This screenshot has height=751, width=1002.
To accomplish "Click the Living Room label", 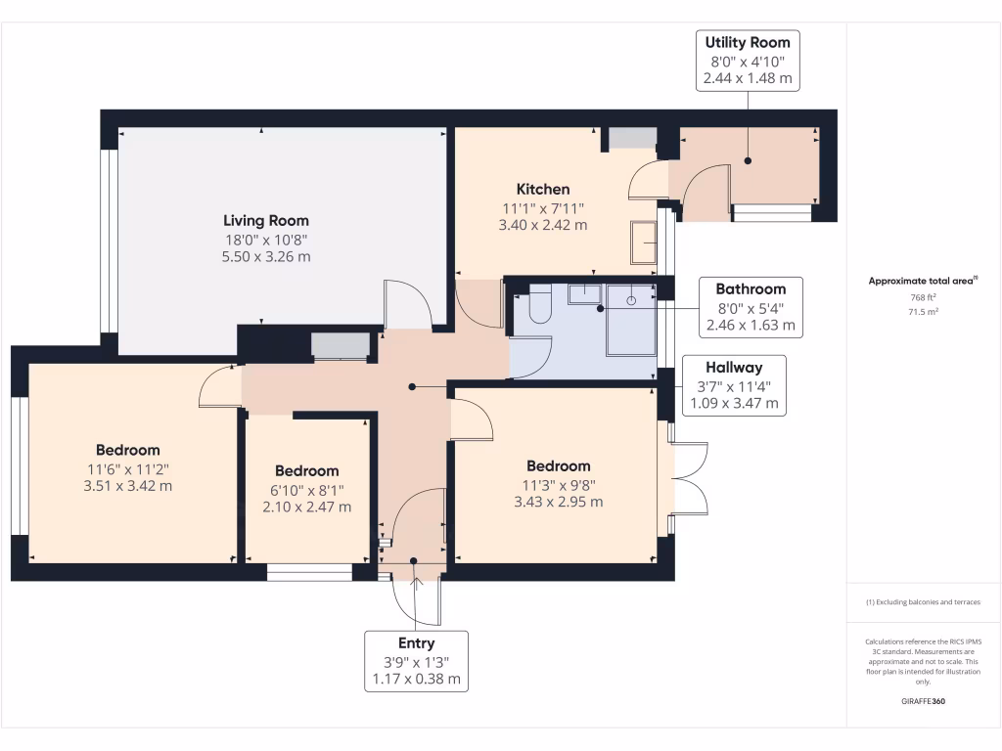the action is (266, 221).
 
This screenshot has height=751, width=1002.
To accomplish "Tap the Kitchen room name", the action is (543, 189).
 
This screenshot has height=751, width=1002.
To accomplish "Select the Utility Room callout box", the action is (748, 61).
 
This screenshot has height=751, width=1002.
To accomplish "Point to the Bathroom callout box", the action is (751, 307).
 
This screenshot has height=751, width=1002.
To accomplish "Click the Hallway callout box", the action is (734, 385).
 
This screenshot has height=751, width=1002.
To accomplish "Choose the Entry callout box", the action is (416, 661).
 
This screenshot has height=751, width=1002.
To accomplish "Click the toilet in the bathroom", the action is (540, 303).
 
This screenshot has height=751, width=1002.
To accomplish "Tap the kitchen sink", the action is (644, 243).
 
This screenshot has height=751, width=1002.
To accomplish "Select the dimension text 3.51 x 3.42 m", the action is (128, 486).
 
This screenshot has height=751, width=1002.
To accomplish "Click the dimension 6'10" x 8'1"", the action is (306, 491).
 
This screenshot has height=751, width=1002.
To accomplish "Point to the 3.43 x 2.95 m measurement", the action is (559, 502).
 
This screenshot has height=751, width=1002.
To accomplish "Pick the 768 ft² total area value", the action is (924, 297).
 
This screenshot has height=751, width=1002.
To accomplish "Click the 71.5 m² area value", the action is (924, 312).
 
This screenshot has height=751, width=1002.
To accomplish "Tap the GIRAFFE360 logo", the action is (924, 701).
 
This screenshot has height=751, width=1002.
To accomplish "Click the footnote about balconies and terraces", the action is (924, 602).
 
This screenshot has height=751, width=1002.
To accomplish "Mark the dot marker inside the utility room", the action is (748, 161).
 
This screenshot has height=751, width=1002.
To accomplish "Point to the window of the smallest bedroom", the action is (309, 571).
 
